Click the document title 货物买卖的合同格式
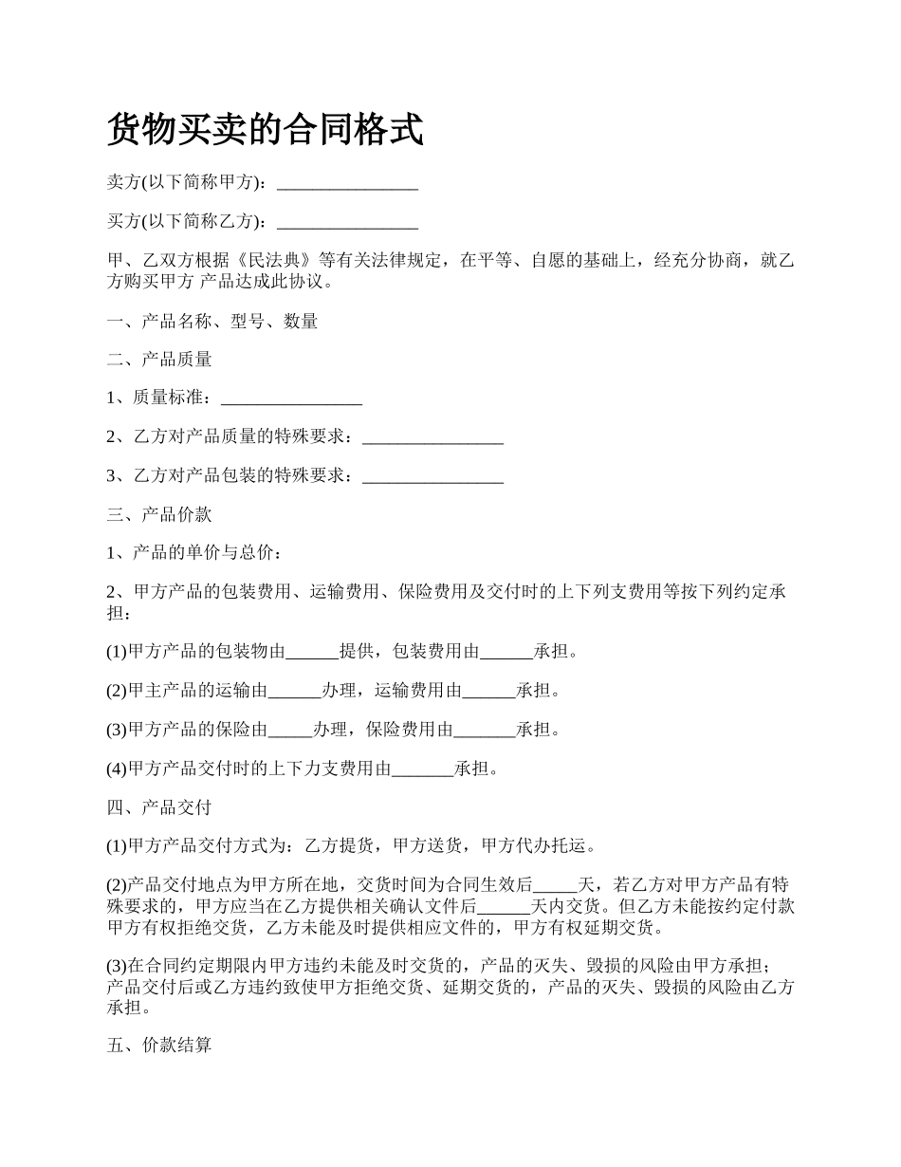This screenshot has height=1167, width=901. pos(265,130)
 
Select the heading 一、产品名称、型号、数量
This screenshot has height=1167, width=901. pos(212,321)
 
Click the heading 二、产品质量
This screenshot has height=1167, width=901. pos(159,360)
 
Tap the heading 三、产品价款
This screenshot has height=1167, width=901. pos(159,515)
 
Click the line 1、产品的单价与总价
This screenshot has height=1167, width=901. pos(193,553)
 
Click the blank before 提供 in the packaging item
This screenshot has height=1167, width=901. pos(312,652)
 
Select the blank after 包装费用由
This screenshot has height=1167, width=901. pos(506,652)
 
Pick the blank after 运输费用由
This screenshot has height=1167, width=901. pos(488,691)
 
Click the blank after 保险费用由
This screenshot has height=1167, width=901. pos(484,730)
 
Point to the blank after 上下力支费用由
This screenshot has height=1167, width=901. pos(422,769)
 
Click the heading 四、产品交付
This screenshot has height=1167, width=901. pos(159,807)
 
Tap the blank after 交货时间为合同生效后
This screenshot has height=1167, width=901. pos(555,885)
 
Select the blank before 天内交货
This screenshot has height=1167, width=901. pos(503,905)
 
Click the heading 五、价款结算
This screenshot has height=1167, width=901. pos(159,1047)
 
